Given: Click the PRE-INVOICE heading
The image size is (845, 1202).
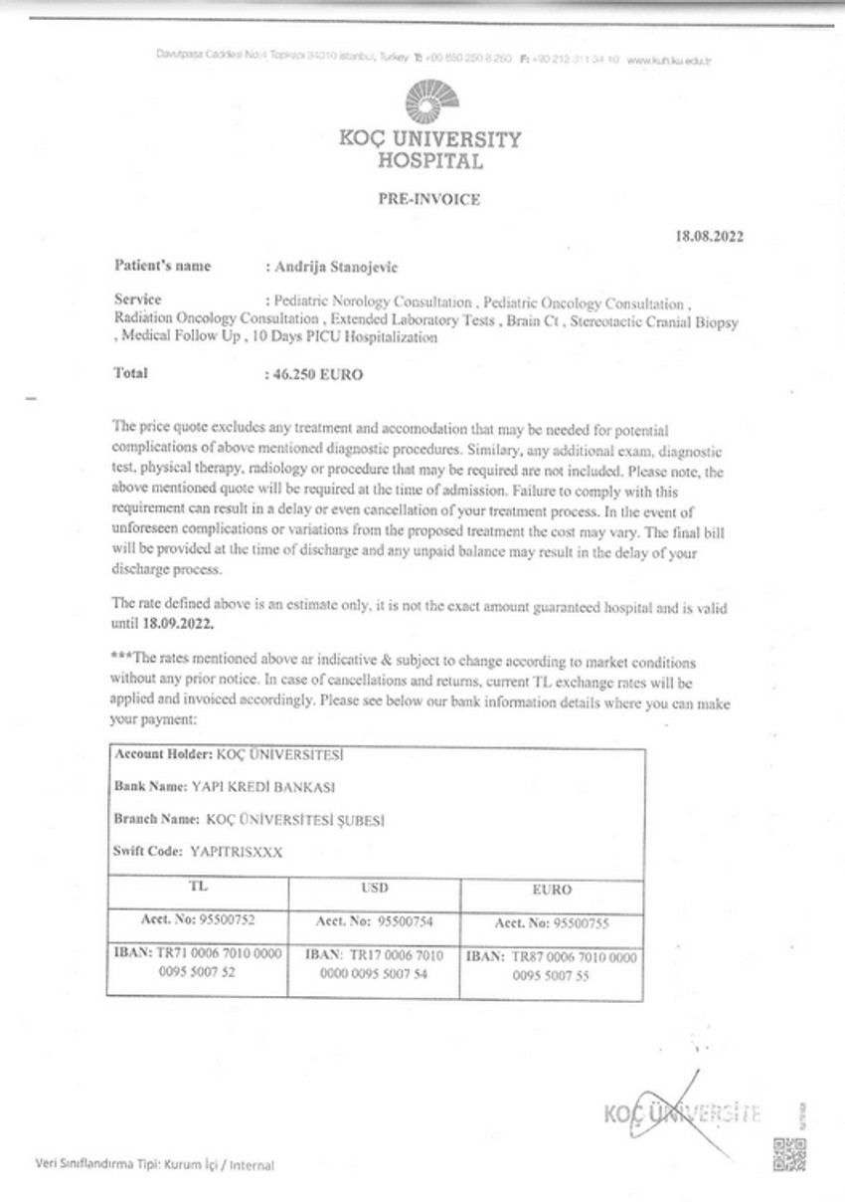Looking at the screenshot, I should [x=428, y=199].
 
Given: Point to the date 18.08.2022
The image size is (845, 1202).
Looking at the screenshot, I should [x=708, y=237].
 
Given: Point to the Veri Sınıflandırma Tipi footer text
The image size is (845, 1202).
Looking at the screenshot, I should [x=153, y=1164].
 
